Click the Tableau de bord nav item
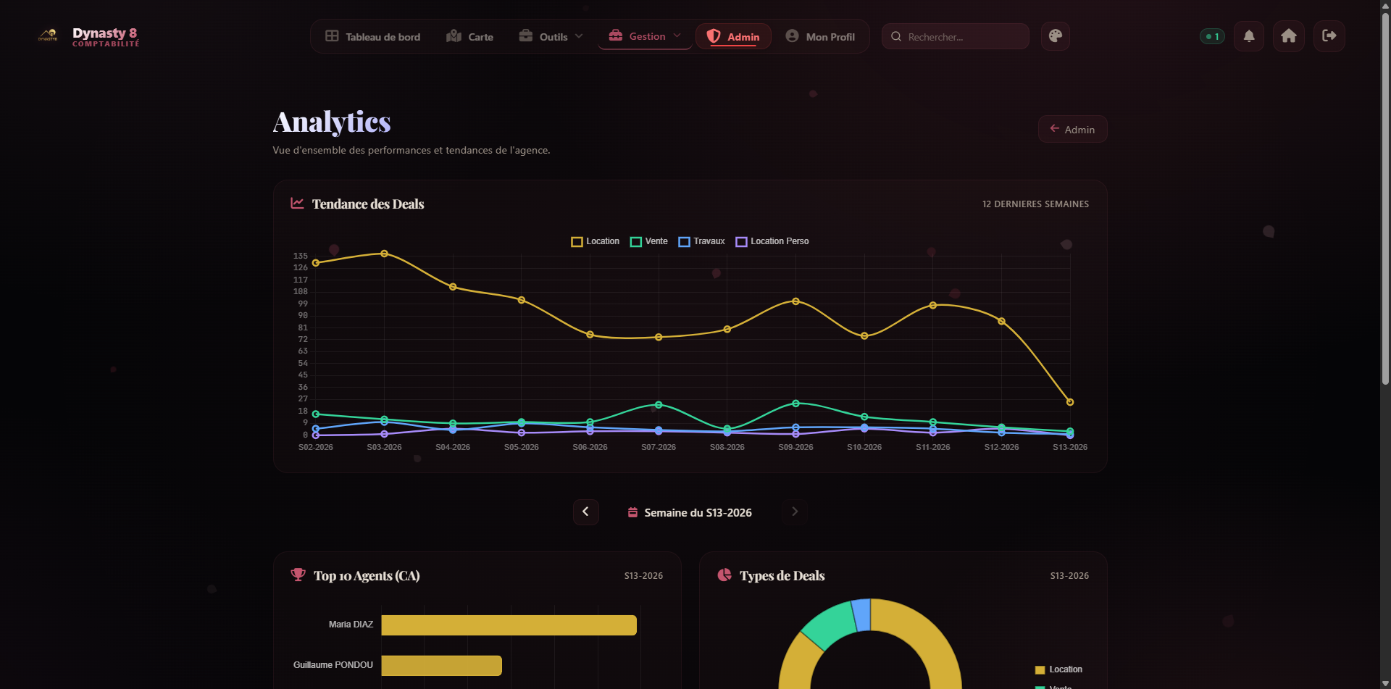[373, 37]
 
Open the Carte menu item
[470, 37]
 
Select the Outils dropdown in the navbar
[551, 37]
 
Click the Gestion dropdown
[645, 36]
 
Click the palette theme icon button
[1056, 36]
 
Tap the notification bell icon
[1249, 36]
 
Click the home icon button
[1289, 36]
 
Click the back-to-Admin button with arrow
[1072, 130]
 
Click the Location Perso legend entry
[772, 241]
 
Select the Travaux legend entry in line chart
[701, 241]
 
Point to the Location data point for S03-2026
[384, 254]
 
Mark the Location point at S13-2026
[1070, 402]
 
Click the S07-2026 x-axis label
[659, 447]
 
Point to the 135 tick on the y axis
[301, 256]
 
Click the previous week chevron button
[585, 512]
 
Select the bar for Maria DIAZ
[509, 625]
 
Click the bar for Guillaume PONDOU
[441, 666]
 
